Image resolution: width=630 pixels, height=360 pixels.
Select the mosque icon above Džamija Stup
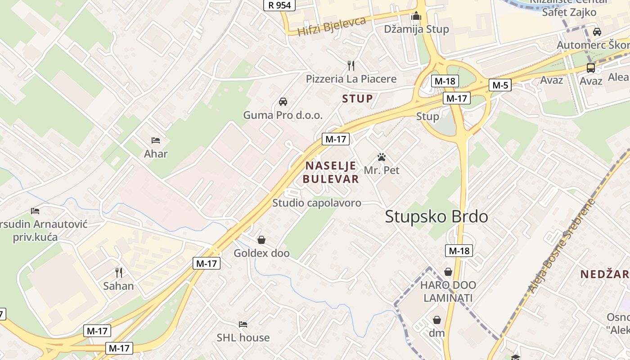coord(416,16)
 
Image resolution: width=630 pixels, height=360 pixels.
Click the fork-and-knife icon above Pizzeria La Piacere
coord(351,66)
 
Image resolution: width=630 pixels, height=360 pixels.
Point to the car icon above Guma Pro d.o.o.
coord(283,101)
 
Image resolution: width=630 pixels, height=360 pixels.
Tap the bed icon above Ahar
coord(156,140)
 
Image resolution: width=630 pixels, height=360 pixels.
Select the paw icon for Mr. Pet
coord(382,157)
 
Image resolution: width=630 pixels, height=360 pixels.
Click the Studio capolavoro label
coord(317,203)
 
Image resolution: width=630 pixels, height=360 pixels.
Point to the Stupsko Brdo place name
coord(436,217)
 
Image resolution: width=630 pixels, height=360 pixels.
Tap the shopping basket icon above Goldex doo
coord(261,240)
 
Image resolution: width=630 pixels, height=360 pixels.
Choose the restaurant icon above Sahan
coord(119,272)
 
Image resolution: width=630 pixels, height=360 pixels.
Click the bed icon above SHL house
coord(243,324)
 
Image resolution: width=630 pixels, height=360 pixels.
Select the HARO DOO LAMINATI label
coord(448,292)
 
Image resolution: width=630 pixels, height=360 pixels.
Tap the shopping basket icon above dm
coord(436,320)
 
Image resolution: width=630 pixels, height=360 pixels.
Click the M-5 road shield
coord(500,85)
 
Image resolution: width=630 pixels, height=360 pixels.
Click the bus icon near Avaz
coord(591,68)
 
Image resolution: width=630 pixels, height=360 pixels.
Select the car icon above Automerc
coord(597,32)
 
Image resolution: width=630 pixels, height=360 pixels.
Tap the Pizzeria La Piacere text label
coord(351,79)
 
